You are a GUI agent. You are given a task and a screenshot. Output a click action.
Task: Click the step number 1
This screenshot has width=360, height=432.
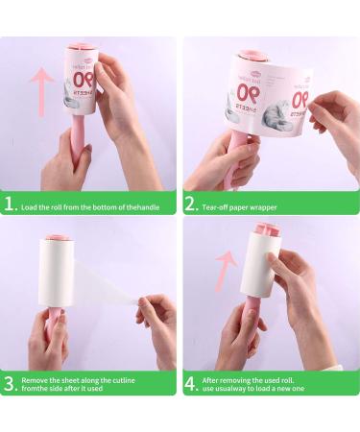tap(12, 204)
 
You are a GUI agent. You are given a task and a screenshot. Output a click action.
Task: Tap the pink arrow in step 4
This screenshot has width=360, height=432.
tap(224, 272)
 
